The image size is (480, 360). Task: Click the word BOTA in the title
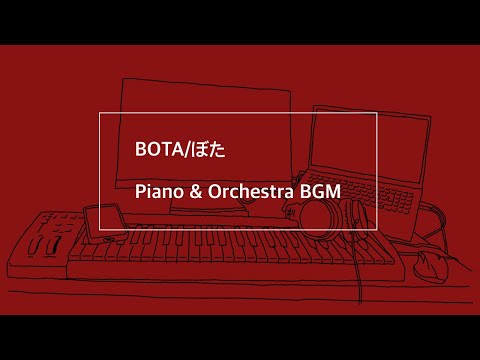coord(159,149)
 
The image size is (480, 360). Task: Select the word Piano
coord(159,192)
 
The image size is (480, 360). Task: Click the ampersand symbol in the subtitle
coord(196,192)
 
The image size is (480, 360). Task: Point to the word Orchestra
coord(251,192)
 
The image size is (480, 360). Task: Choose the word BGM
coord(320,192)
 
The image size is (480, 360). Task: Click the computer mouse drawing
coord(430,267)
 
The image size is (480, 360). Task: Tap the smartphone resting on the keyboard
coord(105,223)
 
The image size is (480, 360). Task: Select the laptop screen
coord(370,144)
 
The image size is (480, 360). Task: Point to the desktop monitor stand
coord(208,208)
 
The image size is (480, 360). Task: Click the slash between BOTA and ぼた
coord(185,150)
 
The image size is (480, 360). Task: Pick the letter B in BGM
coord(306,192)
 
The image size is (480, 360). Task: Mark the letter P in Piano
coord(140,192)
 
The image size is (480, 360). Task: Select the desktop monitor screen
coord(204,140)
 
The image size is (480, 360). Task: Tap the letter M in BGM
coord(333,192)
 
